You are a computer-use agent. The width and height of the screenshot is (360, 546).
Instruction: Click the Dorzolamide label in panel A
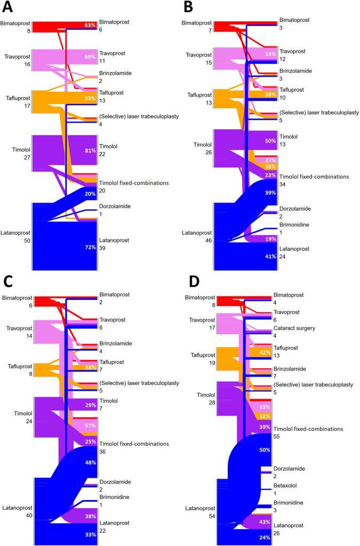tap(114, 206)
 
